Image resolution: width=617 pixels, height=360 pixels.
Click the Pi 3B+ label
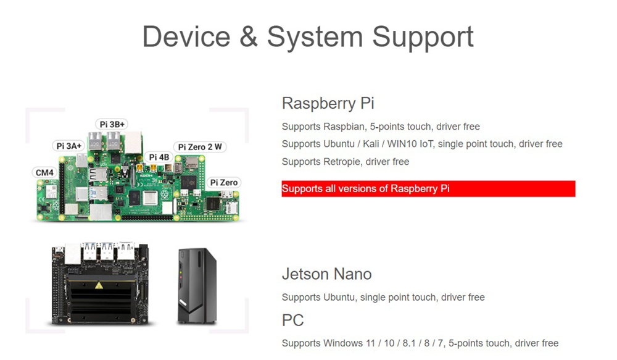(x=112, y=124)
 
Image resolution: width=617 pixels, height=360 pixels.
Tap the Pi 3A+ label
(x=68, y=146)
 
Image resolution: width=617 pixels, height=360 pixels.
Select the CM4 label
(x=44, y=172)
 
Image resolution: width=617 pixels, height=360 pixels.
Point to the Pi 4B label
(x=159, y=157)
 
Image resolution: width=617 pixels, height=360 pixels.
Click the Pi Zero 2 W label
(x=199, y=147)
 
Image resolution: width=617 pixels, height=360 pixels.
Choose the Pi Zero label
(x=223, y=182)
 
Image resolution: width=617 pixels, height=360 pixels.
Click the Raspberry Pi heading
(x=328, y=103)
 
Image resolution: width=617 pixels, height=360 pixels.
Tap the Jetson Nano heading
(x=326, y=274)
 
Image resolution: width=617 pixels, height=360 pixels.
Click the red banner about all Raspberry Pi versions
(x=428, y=188)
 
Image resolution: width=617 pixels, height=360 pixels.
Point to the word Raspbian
(x=344, y=127)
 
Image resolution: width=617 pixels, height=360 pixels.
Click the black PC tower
(x=196, y=287)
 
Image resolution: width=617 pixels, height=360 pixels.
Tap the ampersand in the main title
(x=248, y=36)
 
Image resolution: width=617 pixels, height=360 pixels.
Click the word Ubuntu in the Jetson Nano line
(x=338, y=297)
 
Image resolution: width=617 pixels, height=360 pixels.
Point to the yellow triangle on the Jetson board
(x=99, y=285)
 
